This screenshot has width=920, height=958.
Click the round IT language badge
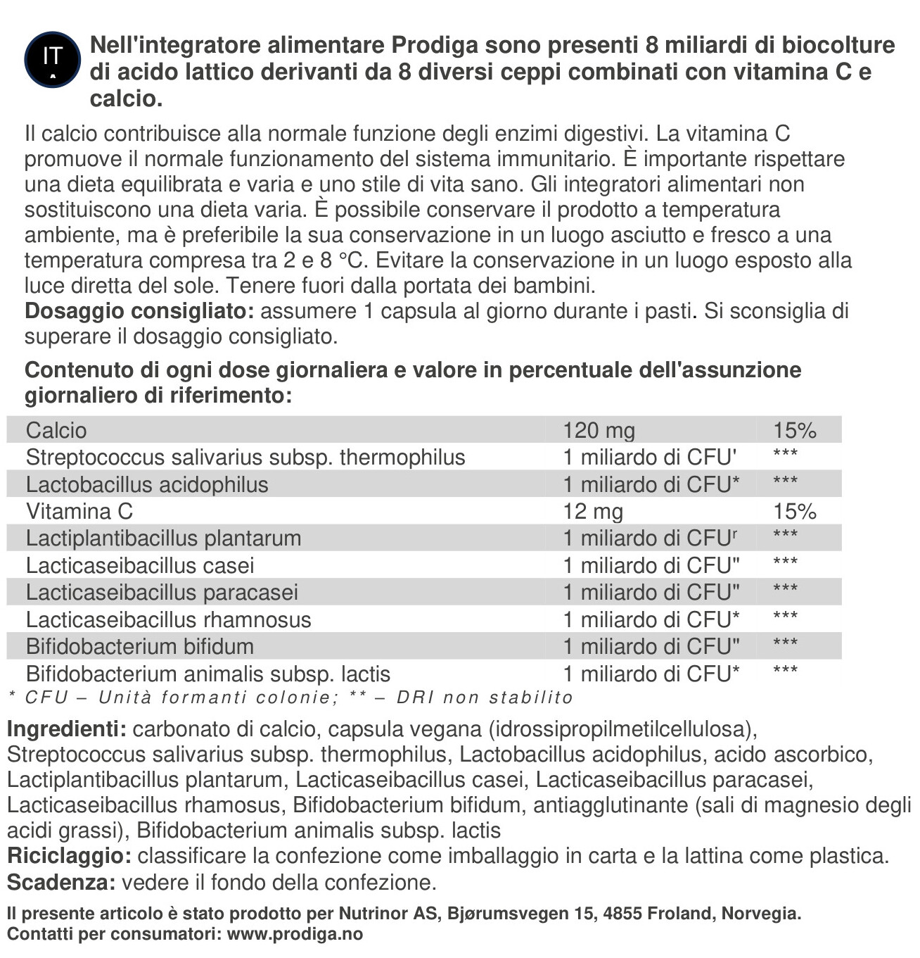pyautogui.click(x=53, y=59)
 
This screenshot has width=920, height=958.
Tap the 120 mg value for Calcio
pyautogui.click(x=599, y=430)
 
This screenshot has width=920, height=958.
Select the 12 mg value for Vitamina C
pyautogui.click(x=593, y=511)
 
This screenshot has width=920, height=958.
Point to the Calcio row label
pyautogui.click(x=56, y=430)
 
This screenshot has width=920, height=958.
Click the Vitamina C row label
pyautogui.click(x=79, y=511)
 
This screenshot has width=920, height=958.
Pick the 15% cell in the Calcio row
pyautogui.click(x=795, y=430)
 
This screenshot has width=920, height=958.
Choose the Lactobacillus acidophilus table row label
pyautogui.click(x=147, y=484)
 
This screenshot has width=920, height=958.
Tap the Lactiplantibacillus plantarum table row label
pyautogui.click(x=163, y=538)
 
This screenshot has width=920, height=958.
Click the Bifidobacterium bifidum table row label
pyautogui.click(x=140, y=646)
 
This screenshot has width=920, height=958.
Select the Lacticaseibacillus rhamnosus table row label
pyautogui.click(x=168, y=619)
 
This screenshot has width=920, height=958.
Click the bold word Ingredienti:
pyautogui.click(x=67, y=729)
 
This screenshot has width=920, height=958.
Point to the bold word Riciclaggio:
pyautogui.click(x=69, y=856)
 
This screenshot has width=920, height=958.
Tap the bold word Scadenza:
pyautogui.click(x=61, y=882)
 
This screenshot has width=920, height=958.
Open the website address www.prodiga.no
pyautogui.click(x=295, y=934)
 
